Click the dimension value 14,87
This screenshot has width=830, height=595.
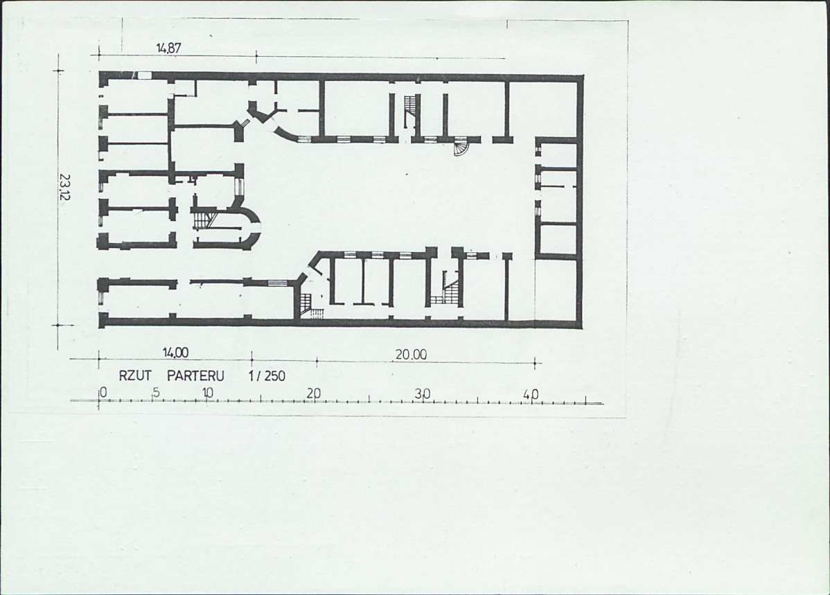coord(168,48)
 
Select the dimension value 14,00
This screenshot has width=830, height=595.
coord(175,353)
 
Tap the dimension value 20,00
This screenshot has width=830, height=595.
coord(412,355)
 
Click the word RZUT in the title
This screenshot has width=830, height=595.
coord(135,376)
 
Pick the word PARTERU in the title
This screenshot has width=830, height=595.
coord(196,376)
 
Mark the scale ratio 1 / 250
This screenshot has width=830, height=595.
coord(267,376)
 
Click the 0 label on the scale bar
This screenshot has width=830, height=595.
coord(103,393)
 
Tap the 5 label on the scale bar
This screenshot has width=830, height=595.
coord(156,393)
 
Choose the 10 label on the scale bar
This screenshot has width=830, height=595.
coord(208,393)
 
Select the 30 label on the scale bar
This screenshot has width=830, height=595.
coord(423,394)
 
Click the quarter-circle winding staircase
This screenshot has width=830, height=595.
coord(461,148)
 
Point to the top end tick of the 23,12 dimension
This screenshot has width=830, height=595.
coord(59,71)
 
